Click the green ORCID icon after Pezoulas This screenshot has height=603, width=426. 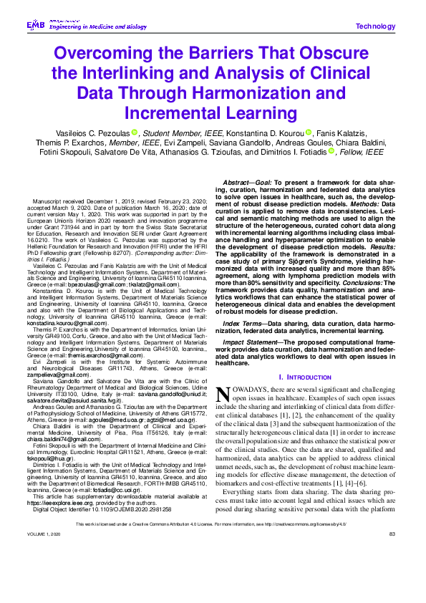point(134,132)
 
